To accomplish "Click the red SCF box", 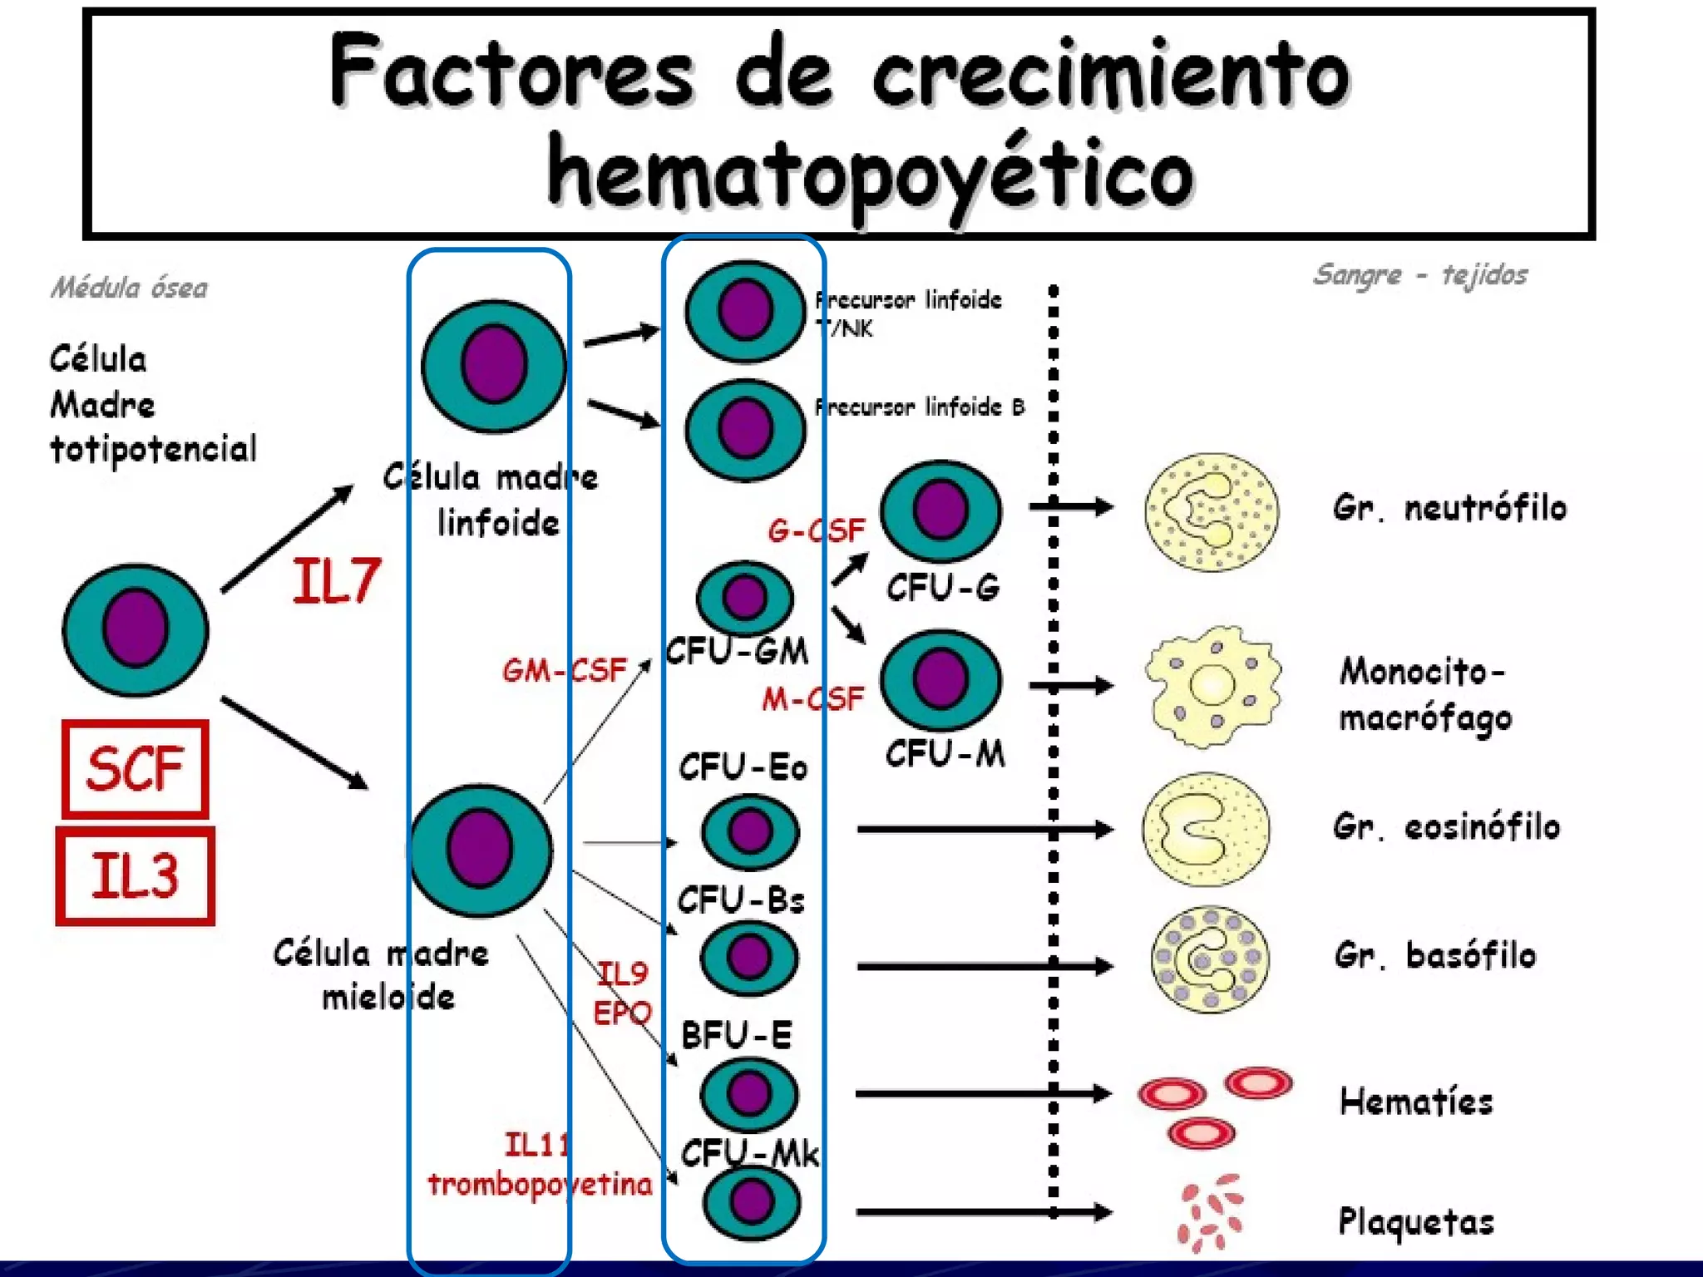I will tap(135, 769).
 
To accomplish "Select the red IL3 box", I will tap(135, 875).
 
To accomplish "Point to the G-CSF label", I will tap(816, 530).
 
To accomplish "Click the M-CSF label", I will tap(812, 699).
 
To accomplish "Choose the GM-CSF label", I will tap(564, 670).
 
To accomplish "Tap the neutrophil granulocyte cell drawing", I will tap(1212, 511).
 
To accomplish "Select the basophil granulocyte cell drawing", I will tap(1210, 959).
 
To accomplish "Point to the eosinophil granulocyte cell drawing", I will tap(1206, 828).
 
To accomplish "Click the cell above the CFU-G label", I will tap(940, 510).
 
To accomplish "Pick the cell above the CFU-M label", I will tap(940, 680).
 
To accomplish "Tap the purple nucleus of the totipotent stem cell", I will tap(136, 629).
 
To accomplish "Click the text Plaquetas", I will tap(1415, 1221).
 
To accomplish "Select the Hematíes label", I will tap(1415, 1102).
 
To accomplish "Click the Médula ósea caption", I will tap(129, 288).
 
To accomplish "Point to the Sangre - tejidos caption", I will tap(1419, 274).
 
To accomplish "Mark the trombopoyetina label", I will tap(540, 1184).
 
